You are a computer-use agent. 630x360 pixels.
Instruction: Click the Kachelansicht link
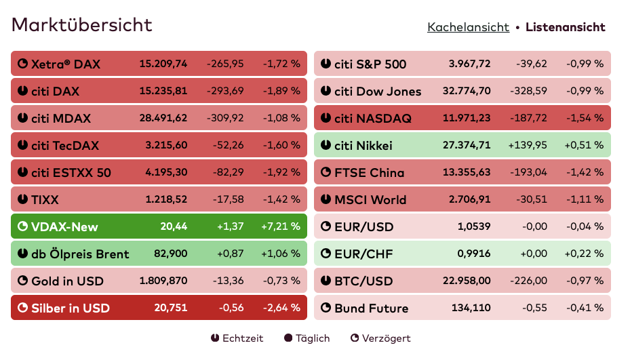[468, 27]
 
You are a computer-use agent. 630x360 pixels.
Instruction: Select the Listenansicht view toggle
[565, 27]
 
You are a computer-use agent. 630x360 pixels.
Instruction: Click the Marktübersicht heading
[82, 25]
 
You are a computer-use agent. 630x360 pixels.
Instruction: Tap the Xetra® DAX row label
[65, 64]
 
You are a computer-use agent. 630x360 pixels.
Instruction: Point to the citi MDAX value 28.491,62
[163, 118]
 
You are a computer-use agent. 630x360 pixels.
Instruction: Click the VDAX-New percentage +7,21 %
[280, 226]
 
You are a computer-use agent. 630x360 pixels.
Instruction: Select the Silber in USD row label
[71, 308]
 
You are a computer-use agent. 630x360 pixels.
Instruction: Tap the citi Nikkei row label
[363, 146]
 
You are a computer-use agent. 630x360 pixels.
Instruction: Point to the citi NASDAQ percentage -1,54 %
[585, 118]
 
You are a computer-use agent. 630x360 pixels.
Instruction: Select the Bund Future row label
[371, 308]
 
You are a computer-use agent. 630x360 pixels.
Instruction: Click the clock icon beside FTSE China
[326, 172]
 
